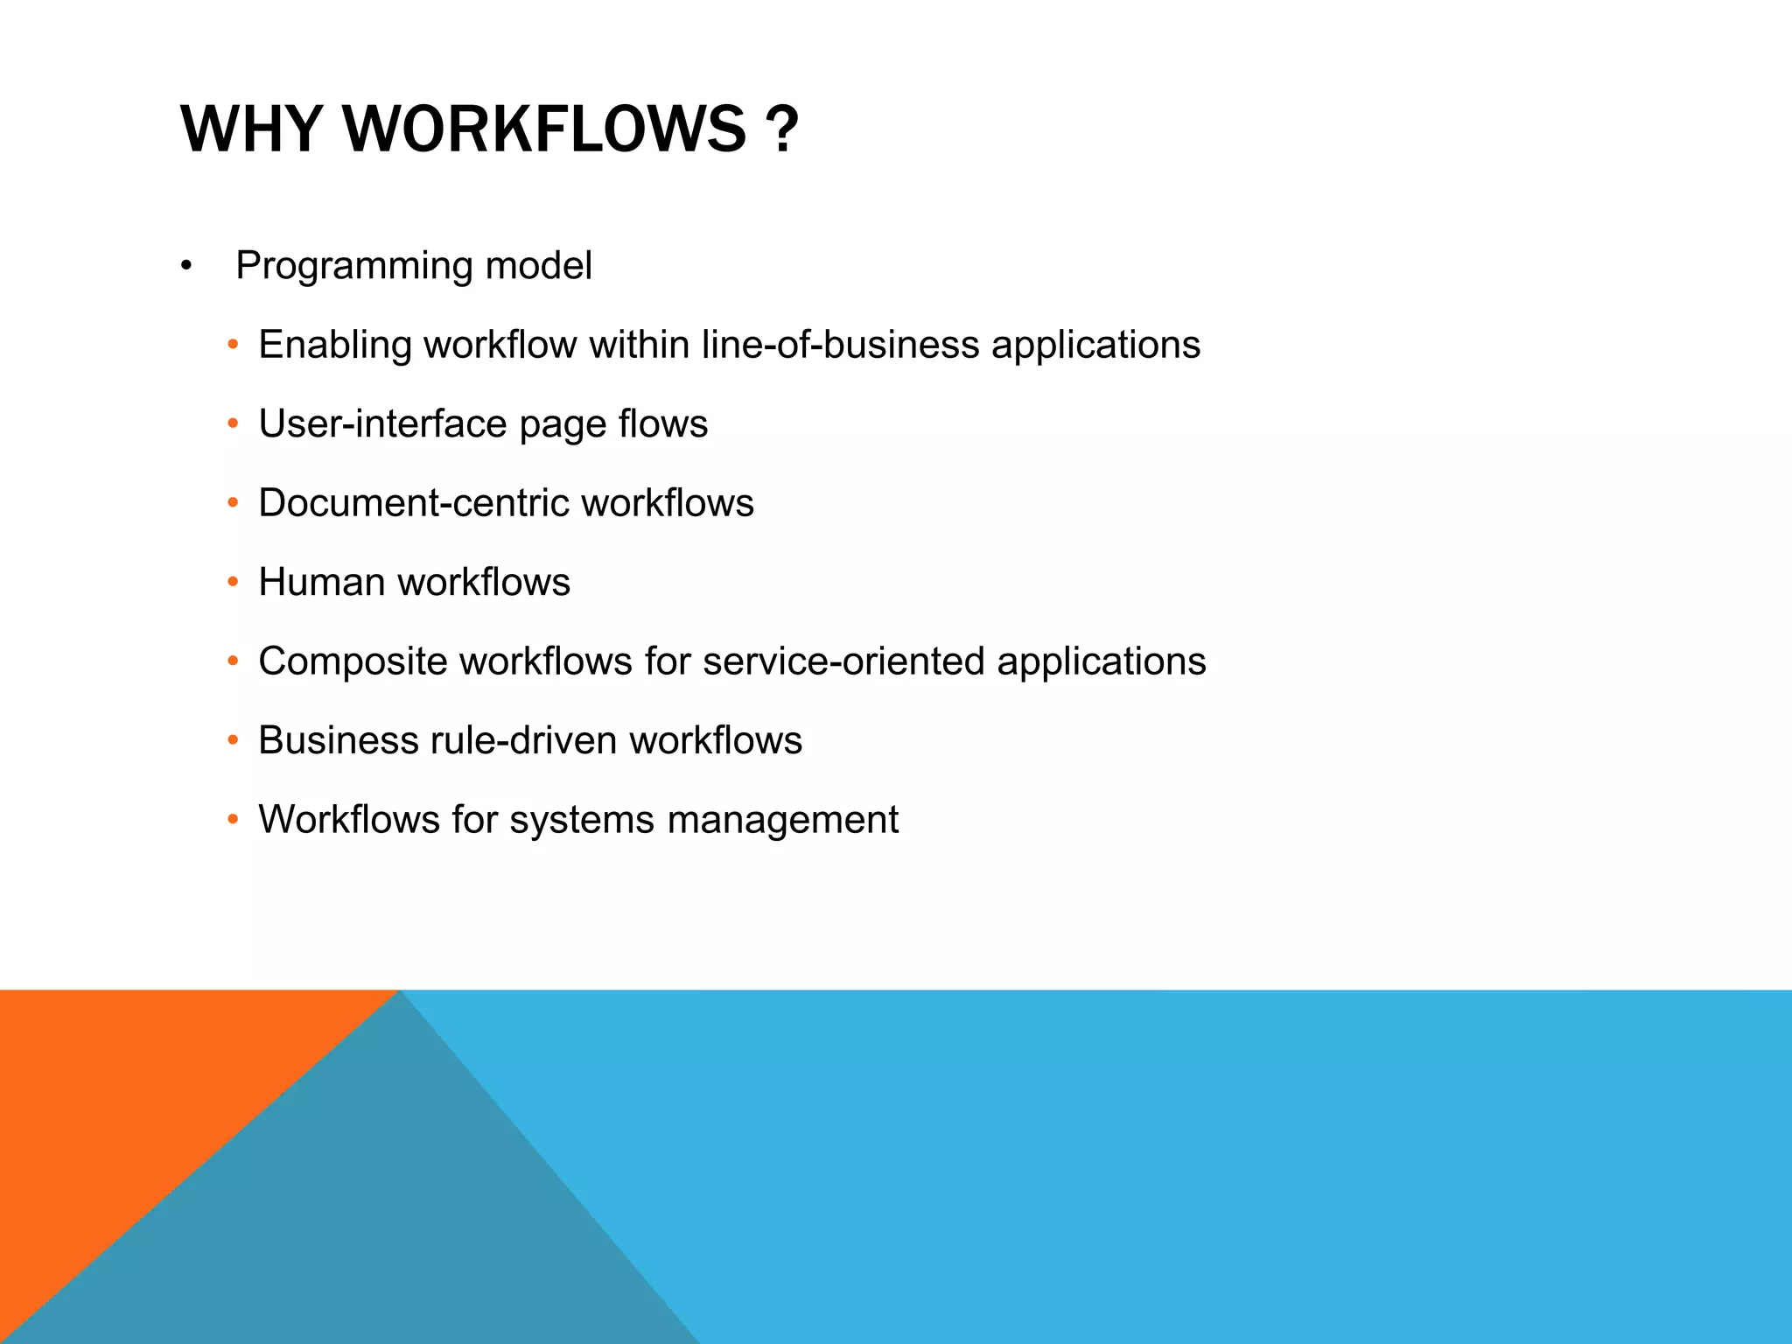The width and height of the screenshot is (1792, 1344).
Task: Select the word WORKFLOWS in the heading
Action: coord(544,129)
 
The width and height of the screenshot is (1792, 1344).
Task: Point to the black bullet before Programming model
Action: coord(185,266)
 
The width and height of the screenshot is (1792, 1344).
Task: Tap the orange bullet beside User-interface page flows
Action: coord(232,424)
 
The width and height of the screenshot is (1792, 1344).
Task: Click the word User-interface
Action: coord(382,424)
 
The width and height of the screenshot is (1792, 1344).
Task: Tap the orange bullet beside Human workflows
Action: coord(232,583)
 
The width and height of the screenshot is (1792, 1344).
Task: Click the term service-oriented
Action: coord(843,661)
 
